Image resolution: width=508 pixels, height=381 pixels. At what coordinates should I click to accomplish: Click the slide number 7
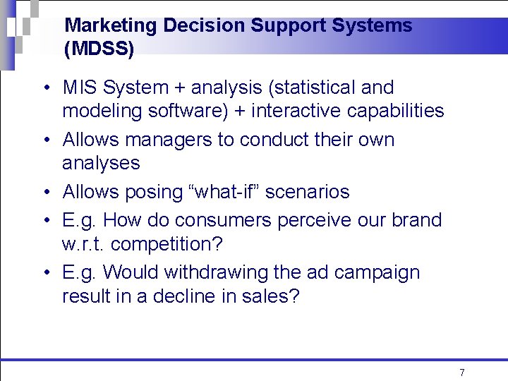[462, 373]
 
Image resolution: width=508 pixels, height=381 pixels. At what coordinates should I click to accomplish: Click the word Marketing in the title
[111, 26]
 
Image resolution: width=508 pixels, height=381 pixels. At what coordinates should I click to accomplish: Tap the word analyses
[101, 163]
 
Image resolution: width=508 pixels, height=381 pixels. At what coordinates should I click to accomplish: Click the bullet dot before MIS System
[44, 89]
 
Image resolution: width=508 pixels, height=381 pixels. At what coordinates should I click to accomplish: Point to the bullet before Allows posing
[44, 193]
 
